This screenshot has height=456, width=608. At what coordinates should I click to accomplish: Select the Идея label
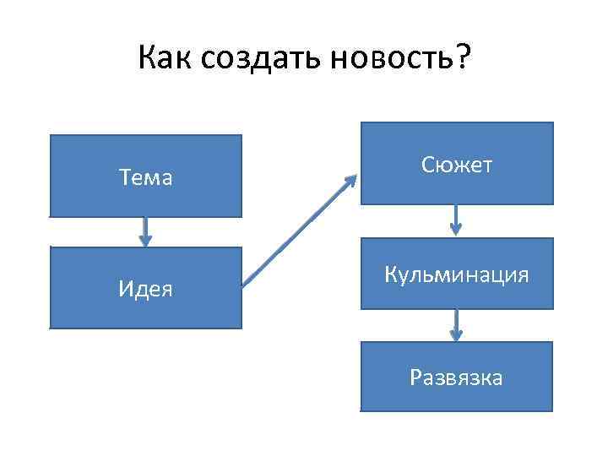[145, 290]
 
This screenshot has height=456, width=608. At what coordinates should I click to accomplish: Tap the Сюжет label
[457, 166]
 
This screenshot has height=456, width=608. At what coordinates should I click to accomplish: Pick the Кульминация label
[457, 275]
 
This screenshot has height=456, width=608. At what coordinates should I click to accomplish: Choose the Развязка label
[457, 377]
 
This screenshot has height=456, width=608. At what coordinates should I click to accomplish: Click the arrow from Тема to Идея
[145, 231]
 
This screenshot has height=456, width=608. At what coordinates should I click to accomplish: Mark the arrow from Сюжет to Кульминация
[456, 220]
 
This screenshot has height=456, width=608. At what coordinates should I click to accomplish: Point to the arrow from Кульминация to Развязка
[456, 324]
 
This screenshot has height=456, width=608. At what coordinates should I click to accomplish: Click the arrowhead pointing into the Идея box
[145, 242]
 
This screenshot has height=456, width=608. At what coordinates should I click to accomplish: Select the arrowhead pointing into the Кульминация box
[456, 230]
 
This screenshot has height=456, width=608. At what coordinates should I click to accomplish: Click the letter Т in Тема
[124, 178]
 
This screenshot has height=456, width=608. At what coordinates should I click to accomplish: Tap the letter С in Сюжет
[426, 166]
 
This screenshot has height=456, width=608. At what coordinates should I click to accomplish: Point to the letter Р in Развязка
[415, 377]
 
